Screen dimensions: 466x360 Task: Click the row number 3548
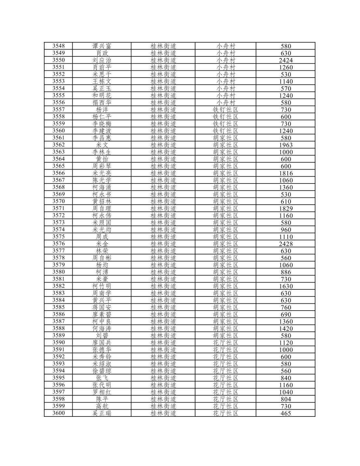(58, 46)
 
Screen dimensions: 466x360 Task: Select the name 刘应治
(102, 60)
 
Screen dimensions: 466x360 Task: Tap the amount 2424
(286, 60)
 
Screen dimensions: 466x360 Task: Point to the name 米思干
(102, 74)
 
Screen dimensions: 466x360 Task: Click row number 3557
(58, 109)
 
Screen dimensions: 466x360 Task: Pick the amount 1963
(286, 145)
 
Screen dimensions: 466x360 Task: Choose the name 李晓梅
(102, 124)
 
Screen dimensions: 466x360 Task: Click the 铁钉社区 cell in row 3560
(225, 131)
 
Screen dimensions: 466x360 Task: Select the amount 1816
(286, 173)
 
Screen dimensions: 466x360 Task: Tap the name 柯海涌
(102, 187)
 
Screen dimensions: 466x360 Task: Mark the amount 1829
(286, 209)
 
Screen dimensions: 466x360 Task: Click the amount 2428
(286, 244)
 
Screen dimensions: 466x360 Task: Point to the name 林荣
(102, 251)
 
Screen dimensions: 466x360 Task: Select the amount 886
(286, 272)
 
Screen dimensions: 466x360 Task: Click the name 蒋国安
(102, 307)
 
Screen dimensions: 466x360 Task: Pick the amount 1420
(286, 328)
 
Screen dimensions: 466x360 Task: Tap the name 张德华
(102, 350)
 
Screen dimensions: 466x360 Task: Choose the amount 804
(286, 399)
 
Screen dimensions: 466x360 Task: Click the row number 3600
(58, 413)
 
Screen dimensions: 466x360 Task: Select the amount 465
(286, 413)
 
